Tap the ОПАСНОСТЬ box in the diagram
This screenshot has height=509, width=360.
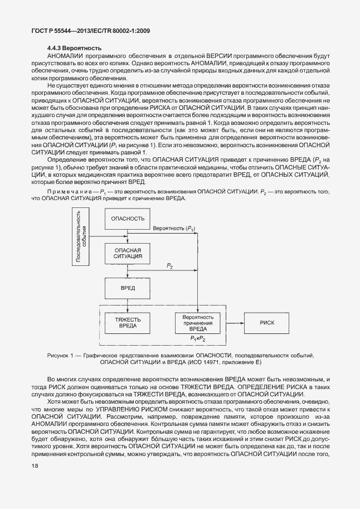(128, 219)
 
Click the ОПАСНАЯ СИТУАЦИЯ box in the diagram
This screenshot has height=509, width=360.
(128, 254)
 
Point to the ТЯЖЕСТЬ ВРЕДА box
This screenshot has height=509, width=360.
(128, 323)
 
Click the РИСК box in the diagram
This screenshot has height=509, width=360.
(267, 323)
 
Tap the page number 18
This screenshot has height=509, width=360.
(20, 487)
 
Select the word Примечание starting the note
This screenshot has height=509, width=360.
(65, 192)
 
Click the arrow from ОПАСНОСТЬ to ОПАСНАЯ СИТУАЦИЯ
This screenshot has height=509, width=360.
(128, 236)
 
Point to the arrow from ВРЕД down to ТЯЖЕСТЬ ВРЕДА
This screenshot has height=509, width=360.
(128, 307)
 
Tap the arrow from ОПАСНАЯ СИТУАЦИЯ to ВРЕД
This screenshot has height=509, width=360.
(128, 271)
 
